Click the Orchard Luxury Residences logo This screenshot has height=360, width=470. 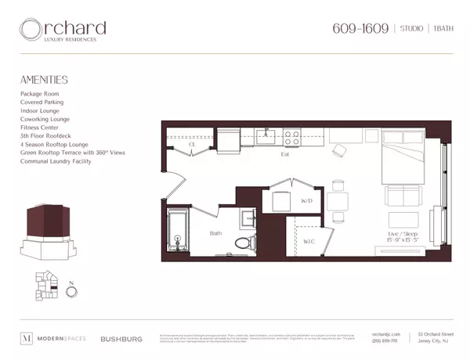pos(63,31)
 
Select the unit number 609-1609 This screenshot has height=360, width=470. pos(360,29)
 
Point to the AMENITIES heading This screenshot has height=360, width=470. pos(44,80)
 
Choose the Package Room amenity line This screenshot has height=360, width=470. pos(42,94)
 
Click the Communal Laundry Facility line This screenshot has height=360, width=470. pos(56,161)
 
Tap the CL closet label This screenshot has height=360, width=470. pos(192,145)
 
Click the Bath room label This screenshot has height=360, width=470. pos(215,233)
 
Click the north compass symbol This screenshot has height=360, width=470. pos(72,292)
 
